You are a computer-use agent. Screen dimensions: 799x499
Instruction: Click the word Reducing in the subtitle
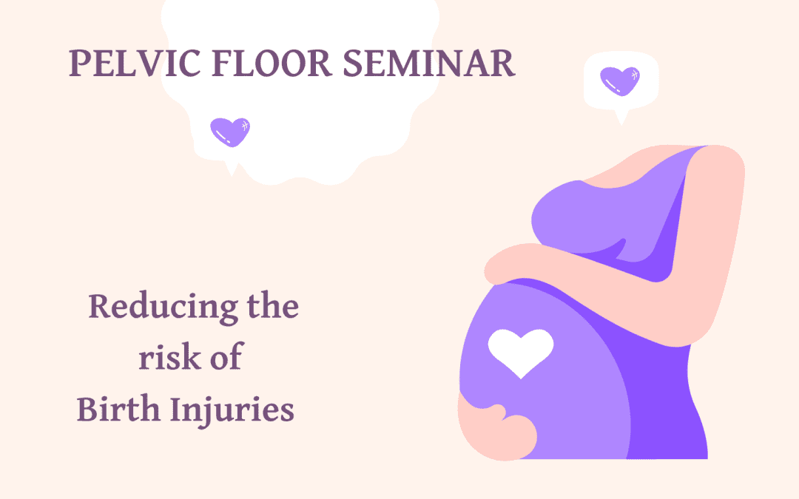(163, 308)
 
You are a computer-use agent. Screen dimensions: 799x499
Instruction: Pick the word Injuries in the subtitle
(232, 410)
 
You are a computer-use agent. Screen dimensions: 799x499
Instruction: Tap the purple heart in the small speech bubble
(620, 81)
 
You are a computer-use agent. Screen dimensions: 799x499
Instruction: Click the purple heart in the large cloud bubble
(230, 132)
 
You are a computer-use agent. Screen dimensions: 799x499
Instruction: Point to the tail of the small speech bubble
(621, 118)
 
